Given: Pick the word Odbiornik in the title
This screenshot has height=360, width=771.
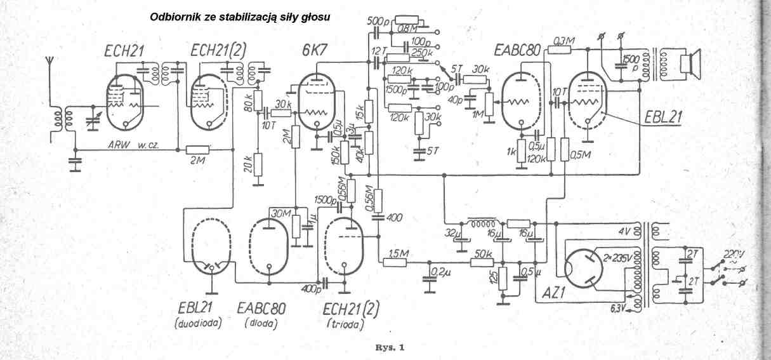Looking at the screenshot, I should click(173, 18).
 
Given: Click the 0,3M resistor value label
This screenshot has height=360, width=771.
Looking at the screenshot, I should click(564, 41).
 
